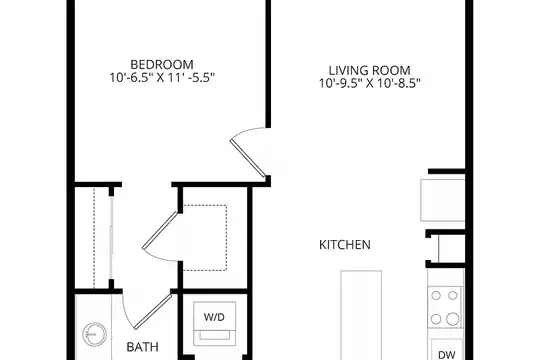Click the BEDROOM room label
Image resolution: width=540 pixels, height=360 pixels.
tap(162, 64)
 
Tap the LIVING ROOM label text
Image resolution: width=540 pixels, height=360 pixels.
tap(370, 70)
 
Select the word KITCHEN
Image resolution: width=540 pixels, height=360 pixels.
tap(345, 245)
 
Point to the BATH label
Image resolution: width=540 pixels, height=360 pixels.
tap(143, 347)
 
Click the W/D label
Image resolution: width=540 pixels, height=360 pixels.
tap(214, 317)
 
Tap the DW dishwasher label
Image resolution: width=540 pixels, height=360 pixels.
tap(447, 354)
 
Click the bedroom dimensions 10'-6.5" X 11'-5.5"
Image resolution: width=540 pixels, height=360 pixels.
tap(162, 78)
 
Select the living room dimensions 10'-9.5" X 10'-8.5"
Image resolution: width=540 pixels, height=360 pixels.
tap(370, 83)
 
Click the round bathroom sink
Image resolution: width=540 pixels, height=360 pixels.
tap(94, 334)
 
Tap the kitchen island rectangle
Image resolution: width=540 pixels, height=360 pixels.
tap(361, 315)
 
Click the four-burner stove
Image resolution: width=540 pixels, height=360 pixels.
tap(445, 307)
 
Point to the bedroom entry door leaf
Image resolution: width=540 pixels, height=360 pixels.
tap(248, 158)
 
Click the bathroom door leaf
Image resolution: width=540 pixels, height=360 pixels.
tap(153, 312)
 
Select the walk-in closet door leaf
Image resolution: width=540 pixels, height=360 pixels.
tap(160, 230)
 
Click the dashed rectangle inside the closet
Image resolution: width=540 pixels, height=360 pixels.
tap(205, 238)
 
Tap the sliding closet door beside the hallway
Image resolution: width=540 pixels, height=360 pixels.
tap(111, 238)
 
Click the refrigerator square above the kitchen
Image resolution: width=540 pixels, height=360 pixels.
tap(443, 200)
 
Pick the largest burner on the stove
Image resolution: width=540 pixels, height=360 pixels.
tap(453, 319)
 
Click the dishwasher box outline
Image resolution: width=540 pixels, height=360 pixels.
tap(447, 349)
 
